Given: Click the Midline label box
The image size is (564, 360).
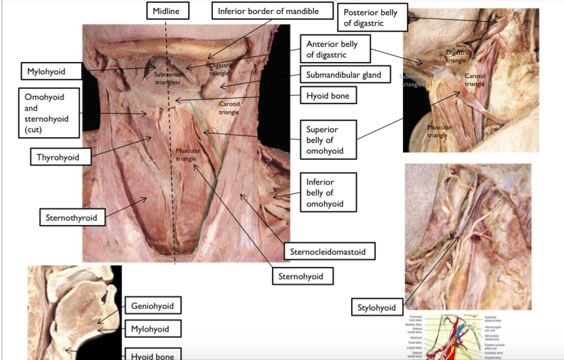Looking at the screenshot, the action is click(167, 10).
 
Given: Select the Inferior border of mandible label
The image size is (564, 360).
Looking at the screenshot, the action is click(268, 11).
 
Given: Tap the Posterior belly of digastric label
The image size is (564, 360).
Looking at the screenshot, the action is click(372, 18).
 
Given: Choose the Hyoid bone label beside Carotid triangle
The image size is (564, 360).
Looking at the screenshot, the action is click(332, 96).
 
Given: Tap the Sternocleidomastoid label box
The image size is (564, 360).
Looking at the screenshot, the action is click(330, 251).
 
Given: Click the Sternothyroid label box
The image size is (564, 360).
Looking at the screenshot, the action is click(71, 217).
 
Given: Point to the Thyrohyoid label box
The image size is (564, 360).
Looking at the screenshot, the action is click(57, 158).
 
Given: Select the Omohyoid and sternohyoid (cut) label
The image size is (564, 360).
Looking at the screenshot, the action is click(49, 113).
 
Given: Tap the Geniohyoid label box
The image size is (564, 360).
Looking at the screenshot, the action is click(152, 306).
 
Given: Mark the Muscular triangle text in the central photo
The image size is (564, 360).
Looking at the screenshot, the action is click(186, 154).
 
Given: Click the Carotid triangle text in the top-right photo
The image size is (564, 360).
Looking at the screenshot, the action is click(475, 79).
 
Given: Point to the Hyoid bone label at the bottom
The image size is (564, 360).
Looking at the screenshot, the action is click(152, 355).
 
